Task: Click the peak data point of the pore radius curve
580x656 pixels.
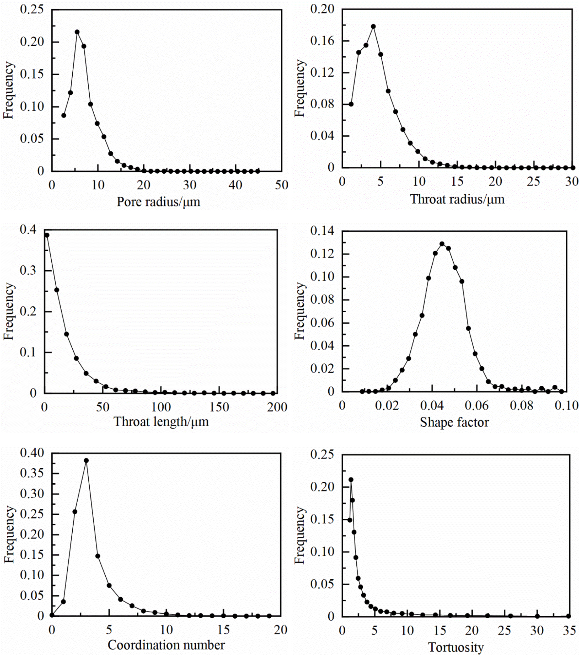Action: pos(77,32)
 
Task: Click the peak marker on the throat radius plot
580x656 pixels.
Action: pos(373,27)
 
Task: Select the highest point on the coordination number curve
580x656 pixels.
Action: pos(86,460)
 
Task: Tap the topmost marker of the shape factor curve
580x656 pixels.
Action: pos(442,244)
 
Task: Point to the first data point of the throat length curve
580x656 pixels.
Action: pos(47,235)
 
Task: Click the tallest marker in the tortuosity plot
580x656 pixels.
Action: pos(351,480)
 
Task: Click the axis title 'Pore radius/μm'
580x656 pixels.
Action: pos(158,202)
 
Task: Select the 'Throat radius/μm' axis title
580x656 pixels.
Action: pos(457,199)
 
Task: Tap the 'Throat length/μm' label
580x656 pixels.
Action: pos(161,422)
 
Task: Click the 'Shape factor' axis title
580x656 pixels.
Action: pos(454,422)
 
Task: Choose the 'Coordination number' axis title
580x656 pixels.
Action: pos(166,645)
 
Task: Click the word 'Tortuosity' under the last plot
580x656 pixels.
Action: pos(456,647)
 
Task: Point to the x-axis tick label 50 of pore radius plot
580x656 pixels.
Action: pos(281,185)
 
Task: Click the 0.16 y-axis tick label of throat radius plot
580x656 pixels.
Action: pos(322,41)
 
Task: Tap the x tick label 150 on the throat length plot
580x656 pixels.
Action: pos(219,407)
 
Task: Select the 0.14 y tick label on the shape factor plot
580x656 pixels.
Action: pos(322,231)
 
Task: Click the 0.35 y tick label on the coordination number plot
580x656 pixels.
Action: pos(32,473)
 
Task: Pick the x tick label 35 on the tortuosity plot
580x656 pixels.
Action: pos(569,630)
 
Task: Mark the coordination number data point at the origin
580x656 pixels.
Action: pos(52,615)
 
